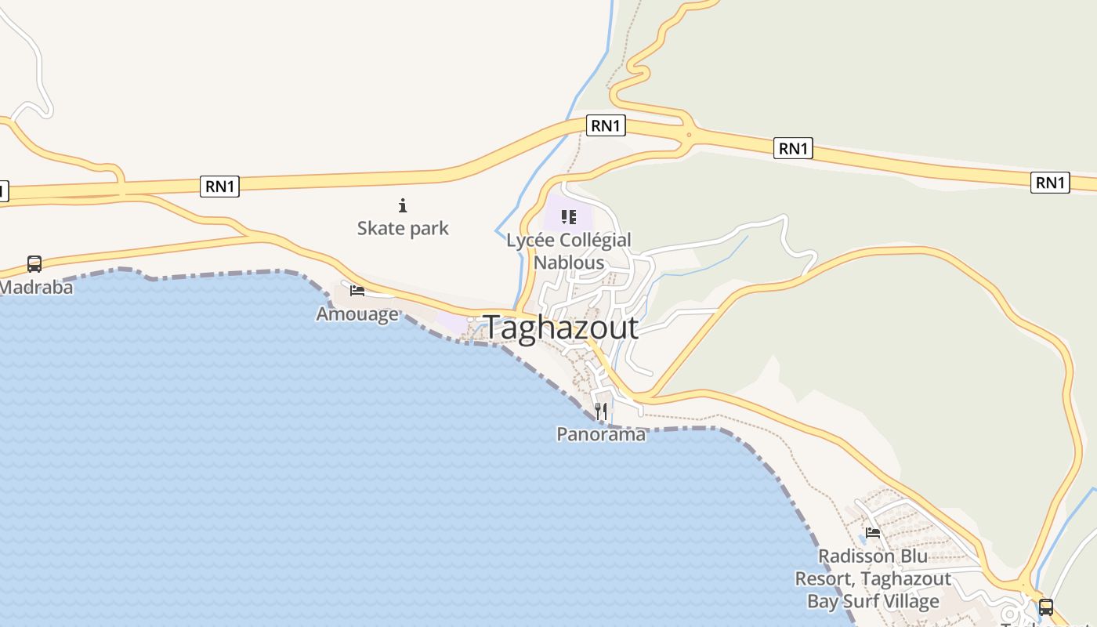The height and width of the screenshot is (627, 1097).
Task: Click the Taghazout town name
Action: click(561, 328)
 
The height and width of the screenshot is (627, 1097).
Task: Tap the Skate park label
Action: click(403, 228)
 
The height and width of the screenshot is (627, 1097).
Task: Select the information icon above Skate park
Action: click(403, 206)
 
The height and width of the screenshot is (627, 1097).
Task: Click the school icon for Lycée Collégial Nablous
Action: click(569, 216)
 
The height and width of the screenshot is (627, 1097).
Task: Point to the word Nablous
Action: click(569, 263)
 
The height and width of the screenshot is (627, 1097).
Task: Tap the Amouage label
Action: click(357, 313)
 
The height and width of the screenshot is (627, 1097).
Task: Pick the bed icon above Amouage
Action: click(357, 291)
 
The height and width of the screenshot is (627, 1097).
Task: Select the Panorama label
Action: click(601, 433)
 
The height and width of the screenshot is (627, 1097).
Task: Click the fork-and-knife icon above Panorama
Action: click(601, 411)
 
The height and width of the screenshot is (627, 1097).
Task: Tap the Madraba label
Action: click(36, 287)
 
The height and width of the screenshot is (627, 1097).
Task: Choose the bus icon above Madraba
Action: click(34, 264)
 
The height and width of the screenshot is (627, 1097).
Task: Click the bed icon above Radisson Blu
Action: click(873, 533)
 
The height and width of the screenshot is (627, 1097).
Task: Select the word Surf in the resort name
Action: click(873, 601)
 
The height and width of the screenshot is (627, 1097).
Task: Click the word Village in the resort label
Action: click(917, 601)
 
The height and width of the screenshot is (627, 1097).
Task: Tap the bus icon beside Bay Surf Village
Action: click(1045, 607)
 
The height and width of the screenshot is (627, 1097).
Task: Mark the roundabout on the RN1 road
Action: click(688, 135)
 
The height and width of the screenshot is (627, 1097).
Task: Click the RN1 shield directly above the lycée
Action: click(606, 125)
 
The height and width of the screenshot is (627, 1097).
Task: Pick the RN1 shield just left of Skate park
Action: click(219, 186)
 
